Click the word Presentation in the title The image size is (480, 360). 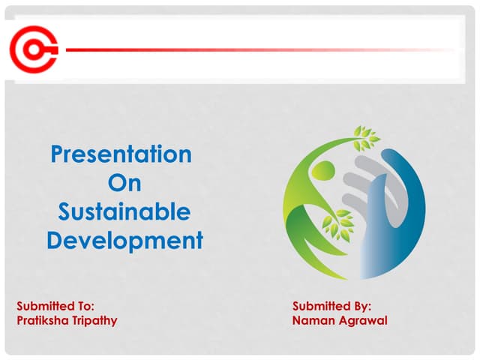[x=121, y=154]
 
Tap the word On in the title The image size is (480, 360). [x=124, y=183]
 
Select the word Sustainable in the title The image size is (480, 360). [x=124, y=212]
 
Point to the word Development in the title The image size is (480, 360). [x=124, y=241]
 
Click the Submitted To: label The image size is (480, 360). [x=55, y=306]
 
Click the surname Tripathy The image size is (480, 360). [x=95, y=321]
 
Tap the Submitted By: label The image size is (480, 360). [x=332, y=306]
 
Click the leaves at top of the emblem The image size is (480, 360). [x=366, y=137]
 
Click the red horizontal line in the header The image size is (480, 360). [x=255, y=50]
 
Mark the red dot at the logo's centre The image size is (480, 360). [x=32, y=49]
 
